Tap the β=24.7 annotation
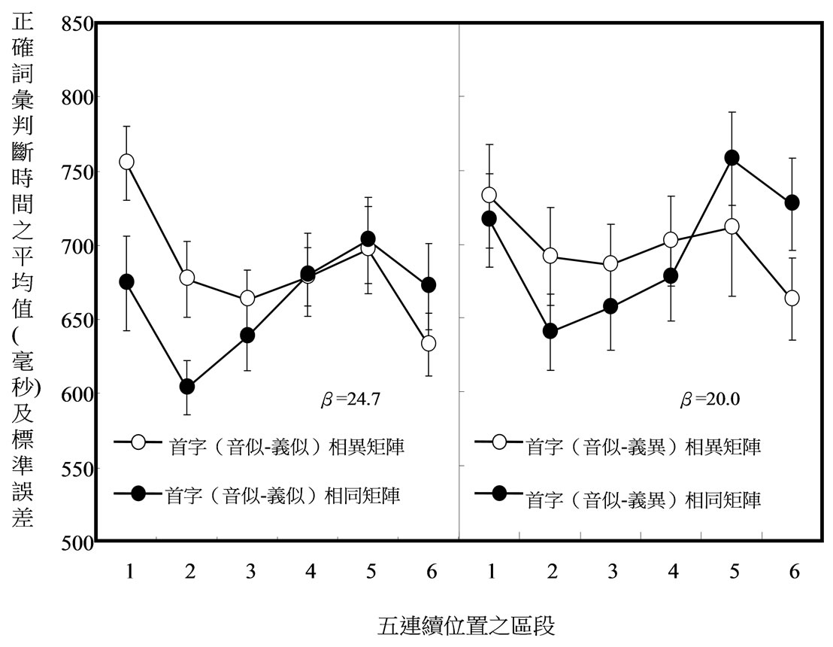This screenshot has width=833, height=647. click(x=350, y=399)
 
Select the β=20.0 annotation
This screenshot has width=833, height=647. click(x=710, y=399)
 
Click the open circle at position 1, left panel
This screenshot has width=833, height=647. click(x=126, y=162)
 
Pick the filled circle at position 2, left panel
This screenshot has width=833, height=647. click(x=187, y=387)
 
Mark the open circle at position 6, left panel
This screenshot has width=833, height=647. click(x=429, y=343)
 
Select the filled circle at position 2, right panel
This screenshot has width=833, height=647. click(x=550, y=331)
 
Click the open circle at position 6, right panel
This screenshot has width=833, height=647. click(x=791, y=298)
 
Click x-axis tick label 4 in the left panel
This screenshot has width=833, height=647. click(x=310, y=572)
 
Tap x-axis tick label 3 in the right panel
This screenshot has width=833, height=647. click(x=612, y=572)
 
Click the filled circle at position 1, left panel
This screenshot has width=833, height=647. click(x=126, y=282)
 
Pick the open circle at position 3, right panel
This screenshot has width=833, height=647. click(x=610, y=263)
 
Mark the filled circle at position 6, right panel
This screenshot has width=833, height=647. click(x=791, y=202)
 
